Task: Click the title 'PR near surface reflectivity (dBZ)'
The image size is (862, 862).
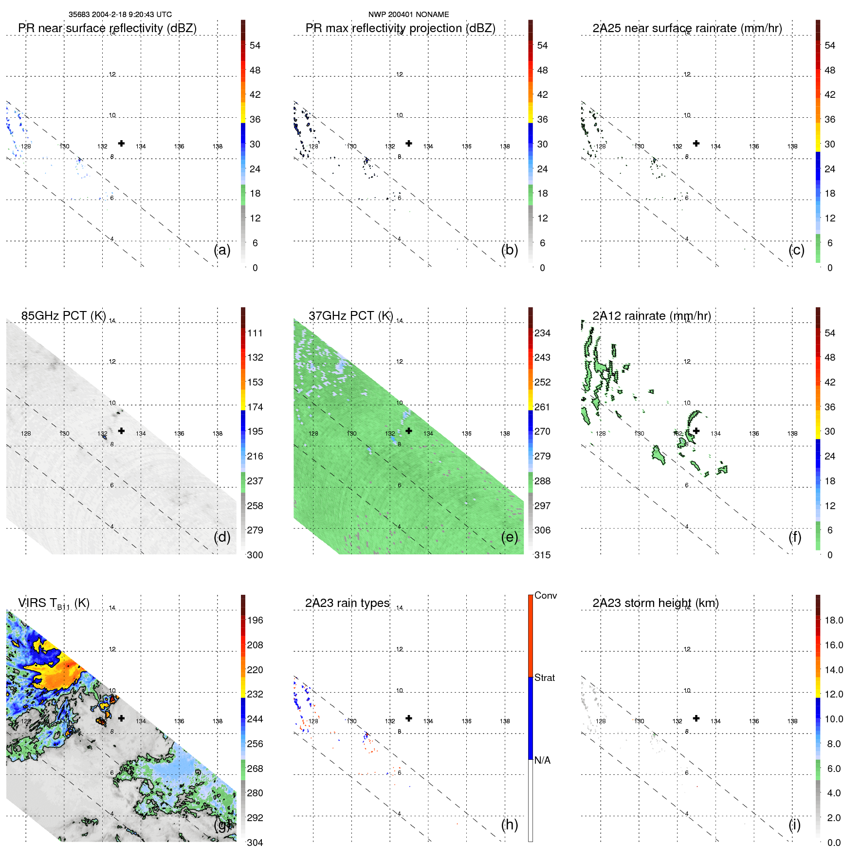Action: pos(107,28)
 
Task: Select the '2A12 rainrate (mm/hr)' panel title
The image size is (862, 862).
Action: pos(652,316)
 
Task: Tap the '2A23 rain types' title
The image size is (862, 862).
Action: pos(347,603)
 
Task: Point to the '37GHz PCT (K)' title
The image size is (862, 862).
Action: pos(350,316)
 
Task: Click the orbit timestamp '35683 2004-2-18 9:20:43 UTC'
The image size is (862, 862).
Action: pos(120,15)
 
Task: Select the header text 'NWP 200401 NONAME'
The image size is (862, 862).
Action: pos(408,15)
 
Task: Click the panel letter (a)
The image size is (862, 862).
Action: pos(222,250)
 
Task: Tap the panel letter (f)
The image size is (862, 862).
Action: pos(795,537)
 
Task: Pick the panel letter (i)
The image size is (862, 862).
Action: pos(794,825)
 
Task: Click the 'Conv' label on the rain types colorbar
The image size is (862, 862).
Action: pos(545,596)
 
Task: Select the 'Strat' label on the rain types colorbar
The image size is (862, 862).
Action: pos(544,678)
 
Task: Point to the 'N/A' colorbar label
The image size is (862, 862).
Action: pos(542,760)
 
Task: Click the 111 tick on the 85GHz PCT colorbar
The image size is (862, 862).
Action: pos(255,333)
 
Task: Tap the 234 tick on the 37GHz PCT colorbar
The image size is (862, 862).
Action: pos(542,333)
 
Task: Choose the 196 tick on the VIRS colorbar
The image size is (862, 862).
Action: pos(255,621)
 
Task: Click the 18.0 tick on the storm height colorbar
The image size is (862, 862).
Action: pos(833,621)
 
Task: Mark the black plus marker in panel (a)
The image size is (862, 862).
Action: pos(121,144)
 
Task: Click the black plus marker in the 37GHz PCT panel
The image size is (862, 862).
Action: pos(409,431)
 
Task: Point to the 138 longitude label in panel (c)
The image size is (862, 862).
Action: pos(792,147)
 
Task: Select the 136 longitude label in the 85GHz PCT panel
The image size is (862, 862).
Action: pos(179,434)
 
